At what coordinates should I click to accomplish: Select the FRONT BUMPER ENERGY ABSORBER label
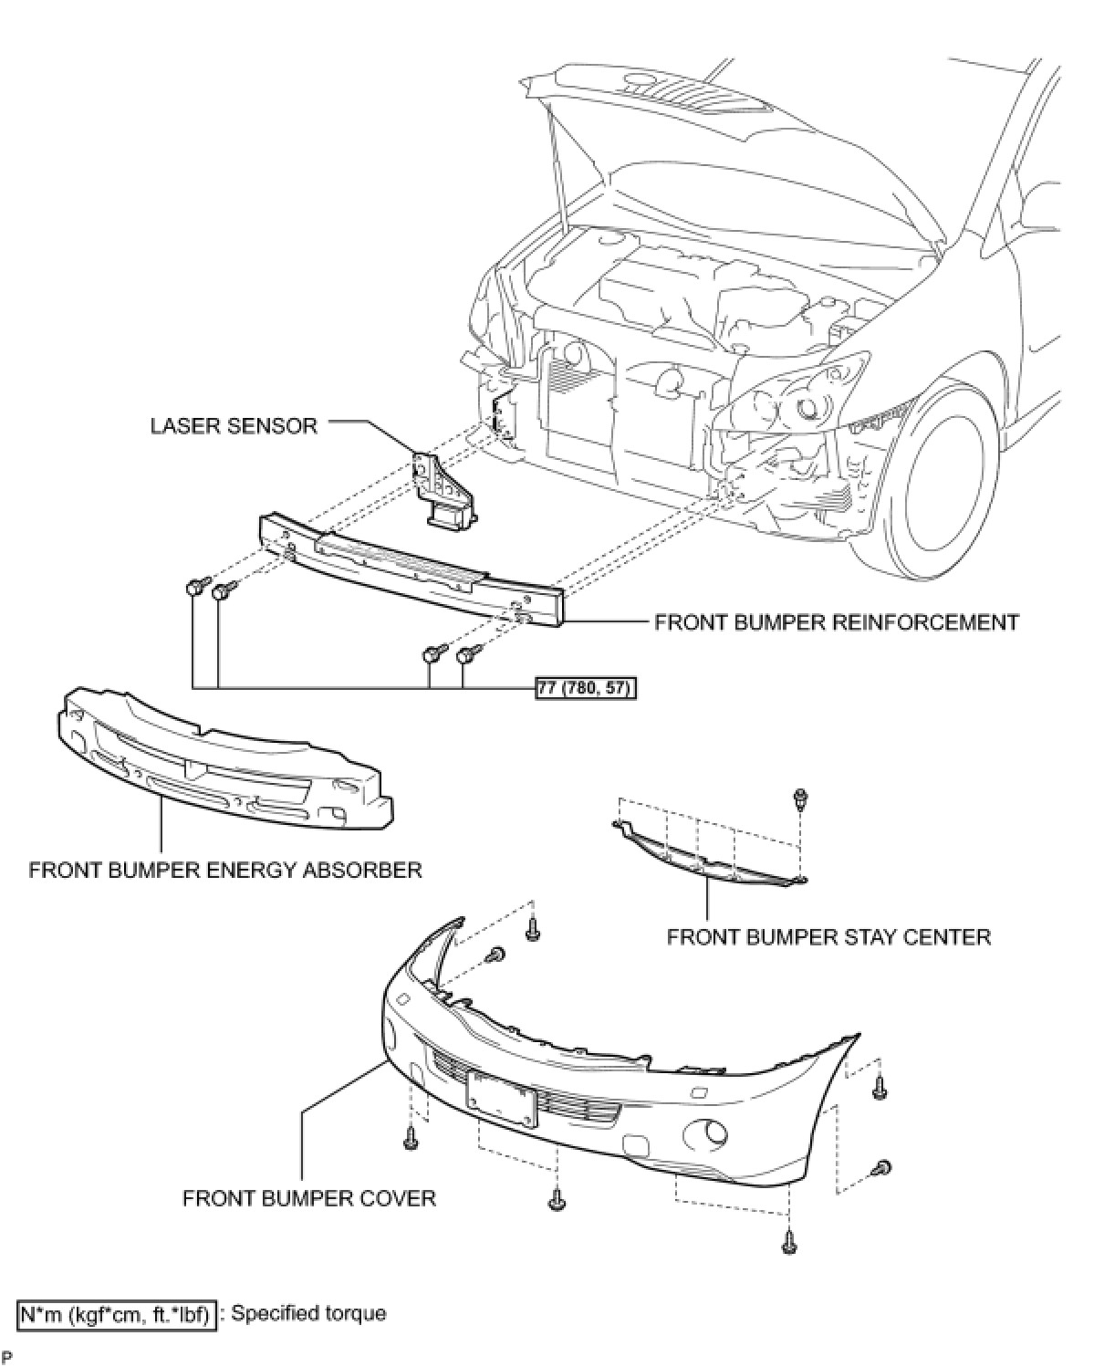(225, 870)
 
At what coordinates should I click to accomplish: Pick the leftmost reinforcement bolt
(194, 587)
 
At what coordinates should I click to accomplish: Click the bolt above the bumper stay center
(799, 799)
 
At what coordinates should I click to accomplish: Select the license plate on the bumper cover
(501, 1100)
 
